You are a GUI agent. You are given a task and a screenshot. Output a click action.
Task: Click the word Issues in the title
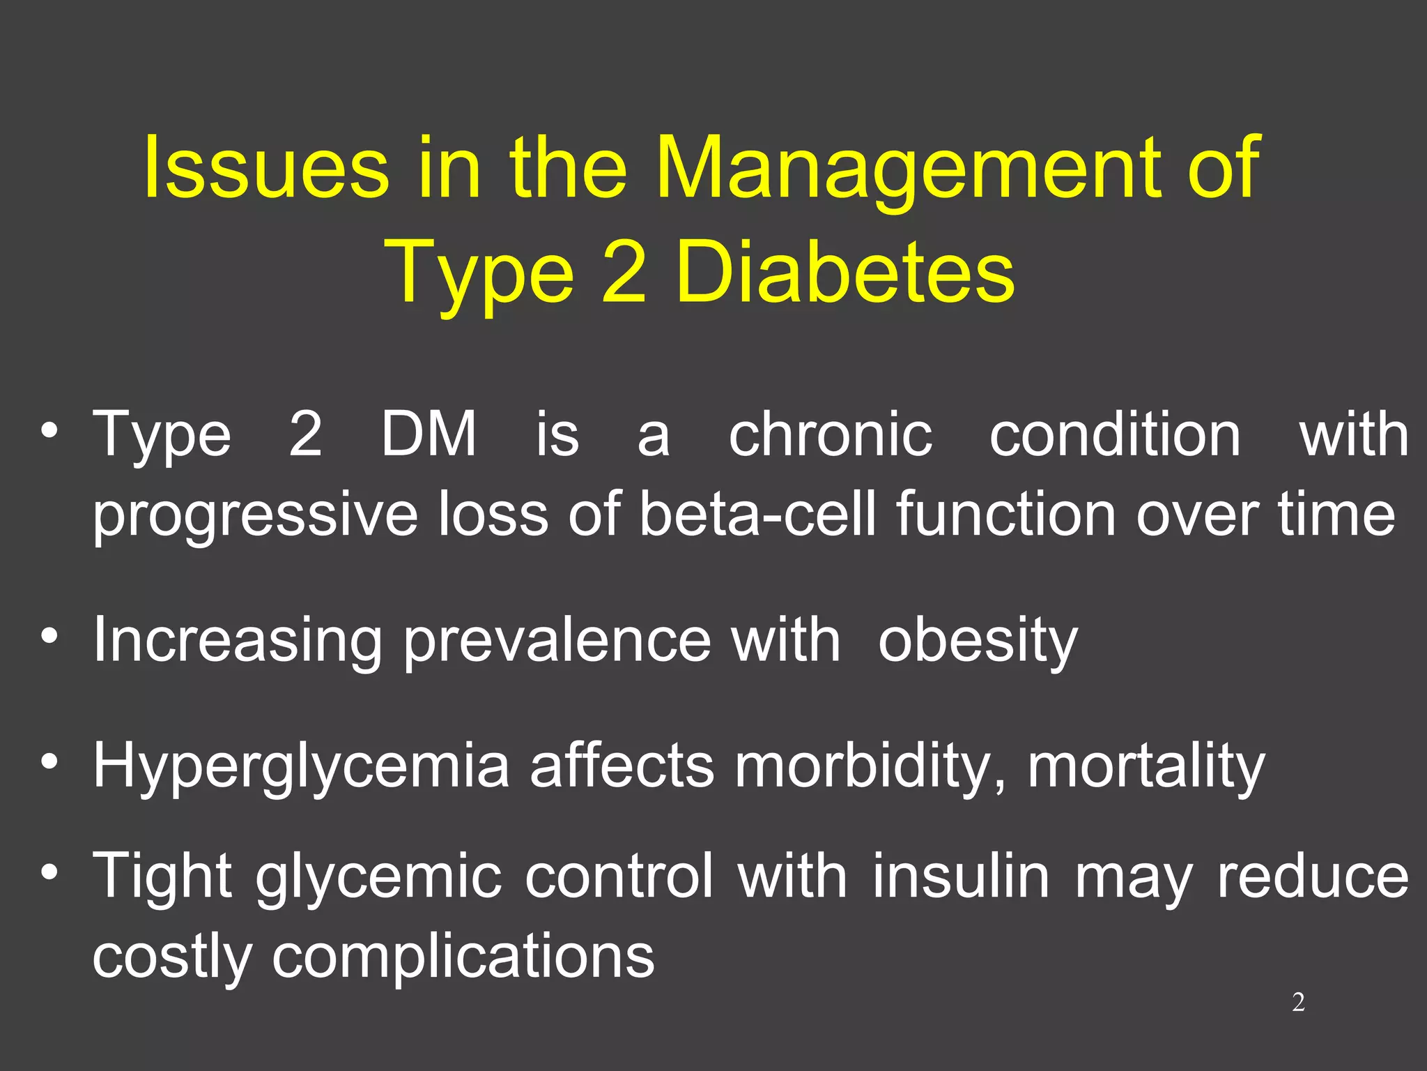[x=265, y=167]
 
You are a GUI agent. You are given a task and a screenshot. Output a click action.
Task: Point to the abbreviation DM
[x=429, y=434]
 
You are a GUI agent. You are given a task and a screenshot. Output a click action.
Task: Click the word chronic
[x=830, y=434]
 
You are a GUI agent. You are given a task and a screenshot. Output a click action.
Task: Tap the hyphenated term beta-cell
[x=757, y=514]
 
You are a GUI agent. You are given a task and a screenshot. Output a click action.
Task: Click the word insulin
[x=961, y=876]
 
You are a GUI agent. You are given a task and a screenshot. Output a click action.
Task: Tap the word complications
[x=463, y=957]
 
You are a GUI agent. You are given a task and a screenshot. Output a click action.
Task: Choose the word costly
[x=171, y=957]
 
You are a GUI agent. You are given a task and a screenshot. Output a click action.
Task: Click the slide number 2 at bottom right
[x=1298, y=1002]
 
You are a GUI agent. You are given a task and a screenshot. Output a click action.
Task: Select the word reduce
[x=1313, y=876]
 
